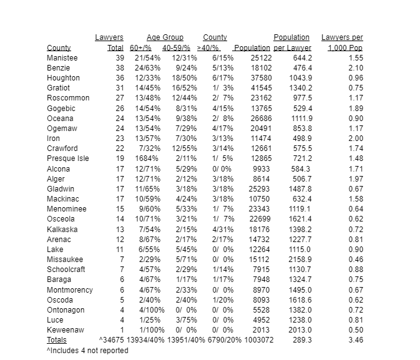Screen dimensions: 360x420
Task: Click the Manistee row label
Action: tap(62, 58)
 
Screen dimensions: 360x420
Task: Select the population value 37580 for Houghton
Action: tap(261, 78)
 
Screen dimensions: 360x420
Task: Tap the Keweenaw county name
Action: tap(66, 330)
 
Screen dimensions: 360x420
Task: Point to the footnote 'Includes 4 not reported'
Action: tap(87, 351)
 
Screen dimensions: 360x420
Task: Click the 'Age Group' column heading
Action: tap(165, 38)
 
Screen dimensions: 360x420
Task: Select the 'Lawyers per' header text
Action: tap(342, 38)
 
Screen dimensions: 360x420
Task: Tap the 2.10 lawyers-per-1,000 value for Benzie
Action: tap(356, 68)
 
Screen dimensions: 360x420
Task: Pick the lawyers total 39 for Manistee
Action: tap(119, 58)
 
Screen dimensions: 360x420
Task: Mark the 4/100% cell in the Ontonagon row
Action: tap(146, 310)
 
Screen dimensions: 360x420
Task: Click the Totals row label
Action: tap(57, 340)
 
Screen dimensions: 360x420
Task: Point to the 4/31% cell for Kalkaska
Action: tap(223, 229)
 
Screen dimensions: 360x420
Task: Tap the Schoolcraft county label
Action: tap(67, 270)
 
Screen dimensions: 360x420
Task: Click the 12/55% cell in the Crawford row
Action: tap(184, 148)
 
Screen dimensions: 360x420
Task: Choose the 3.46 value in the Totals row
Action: tap(356, 340)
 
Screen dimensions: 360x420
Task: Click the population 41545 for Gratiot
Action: tap(261, 88)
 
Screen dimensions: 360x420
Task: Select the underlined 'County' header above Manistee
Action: tap(59, 48)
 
